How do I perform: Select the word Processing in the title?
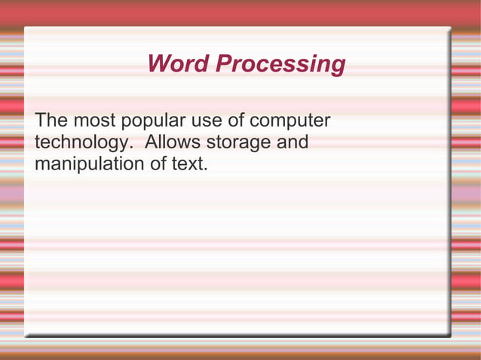pyautogui.click(x=280, y=65)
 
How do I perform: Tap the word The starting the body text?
pyautogui.click(x=51, y=121)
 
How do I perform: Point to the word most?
pyautogui.click(x=93, y=121)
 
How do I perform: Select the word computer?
pyautogui.click(x=290, y=122)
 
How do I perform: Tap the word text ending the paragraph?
pyautogui.click(x=187, y=163)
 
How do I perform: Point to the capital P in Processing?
pyautogui.click(x=223, y=64)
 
